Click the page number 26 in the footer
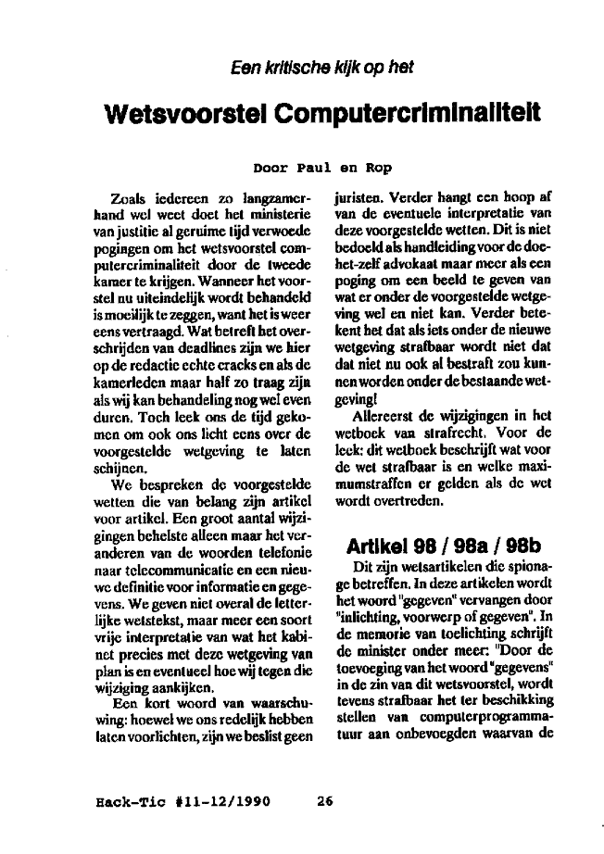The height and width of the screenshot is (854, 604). (323, 802)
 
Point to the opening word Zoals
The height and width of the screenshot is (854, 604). (129, 198)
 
